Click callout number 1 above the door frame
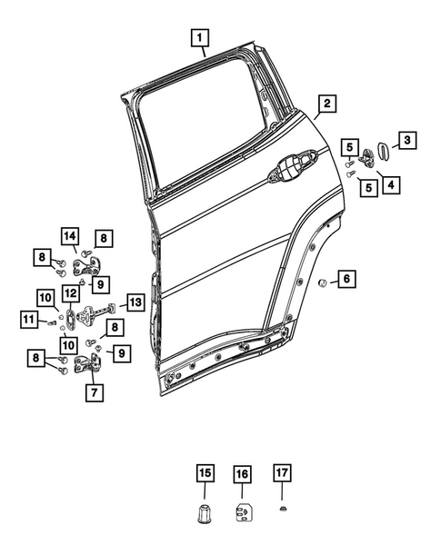tap(199, 38)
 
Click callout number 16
tap(243, 474)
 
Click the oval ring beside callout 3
tap(383, 147)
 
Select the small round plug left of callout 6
tap(323, 282)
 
